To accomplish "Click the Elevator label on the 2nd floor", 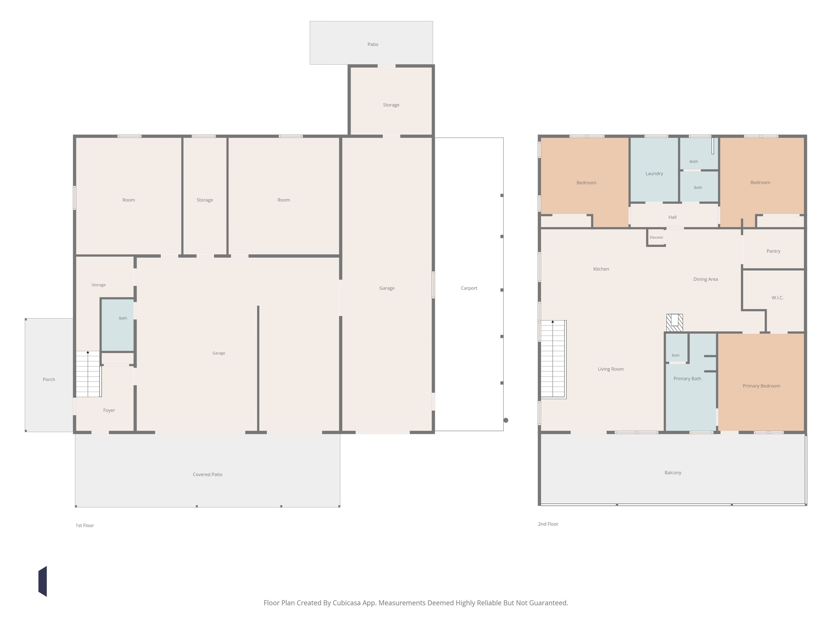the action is point(656,237).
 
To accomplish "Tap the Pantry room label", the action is point(773,251).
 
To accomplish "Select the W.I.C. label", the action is point(777,297).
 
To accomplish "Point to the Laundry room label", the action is point(654,174).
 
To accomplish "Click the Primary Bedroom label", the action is point(761,386).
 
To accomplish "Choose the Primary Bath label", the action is point(687,379).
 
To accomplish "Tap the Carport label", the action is point(469,288).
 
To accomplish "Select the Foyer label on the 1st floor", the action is point(109,410).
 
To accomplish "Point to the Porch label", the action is point(49,379).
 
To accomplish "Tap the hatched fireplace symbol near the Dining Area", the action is point(675,323).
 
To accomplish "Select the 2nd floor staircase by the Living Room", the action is point(553,359).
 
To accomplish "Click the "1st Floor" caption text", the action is point(85,525).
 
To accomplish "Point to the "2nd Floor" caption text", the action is point(548,524).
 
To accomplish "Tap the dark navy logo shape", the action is point(42,581).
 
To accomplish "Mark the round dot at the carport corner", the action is point(506,420).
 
